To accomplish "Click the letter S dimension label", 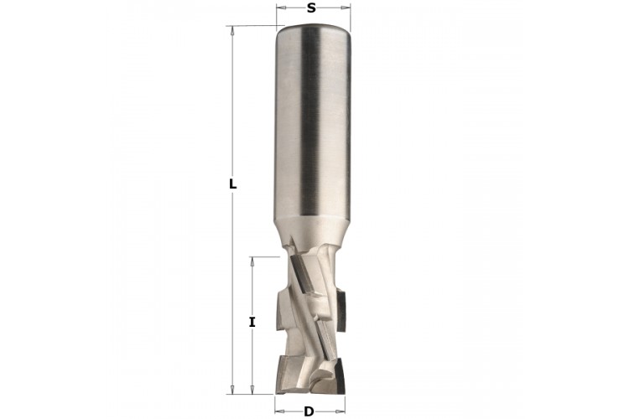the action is (x=311, y=8).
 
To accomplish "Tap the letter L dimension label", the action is (x=232, y=184).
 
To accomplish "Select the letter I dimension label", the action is (x=252, y=322).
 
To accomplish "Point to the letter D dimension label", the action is (x=309, y=411).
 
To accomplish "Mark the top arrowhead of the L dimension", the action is (x=231, y=31).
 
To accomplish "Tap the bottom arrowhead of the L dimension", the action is (x=231, y=390).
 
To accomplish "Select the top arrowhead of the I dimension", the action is (x=252, y=261).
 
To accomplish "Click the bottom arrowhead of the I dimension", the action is (x=252, y=390).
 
